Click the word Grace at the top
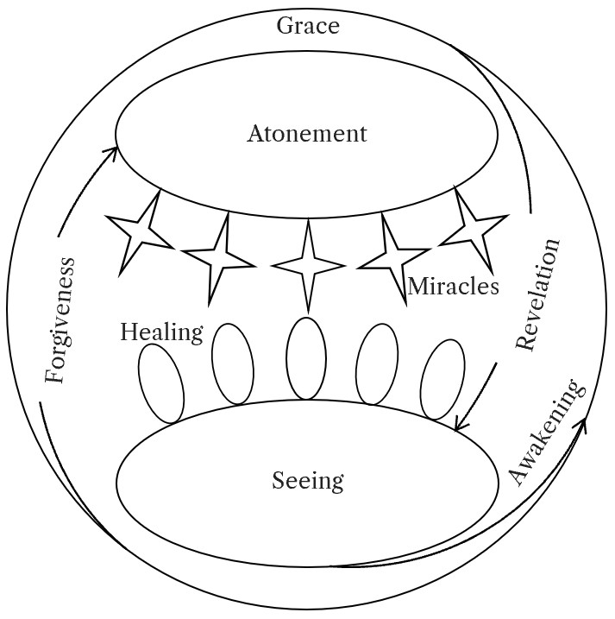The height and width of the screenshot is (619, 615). click(x=308, y=26)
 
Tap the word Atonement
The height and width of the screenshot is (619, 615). click(x=307, y=135)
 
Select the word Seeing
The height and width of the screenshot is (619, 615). click(x=308, y=480)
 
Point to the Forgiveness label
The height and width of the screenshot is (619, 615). click(x=60, y=320)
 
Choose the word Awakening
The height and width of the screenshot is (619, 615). click(x=546, y=432)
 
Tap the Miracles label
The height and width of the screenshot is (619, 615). click(x=453, y=287)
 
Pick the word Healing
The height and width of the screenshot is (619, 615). click(x=161, y=332)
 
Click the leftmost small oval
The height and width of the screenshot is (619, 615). click(x=161, y=382)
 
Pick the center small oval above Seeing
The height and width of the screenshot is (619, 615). click(x=306, y=358)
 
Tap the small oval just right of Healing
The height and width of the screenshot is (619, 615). click(x=232, y=363)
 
